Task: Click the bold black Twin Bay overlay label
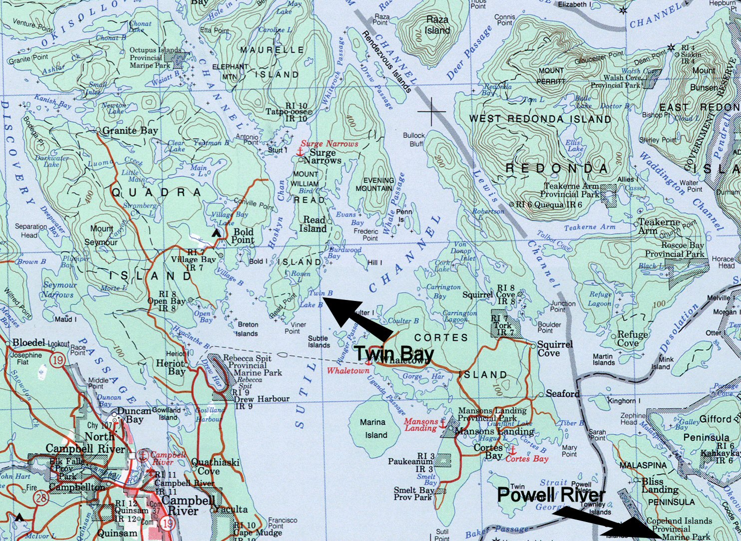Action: pyautogui.click(x=394, y=354)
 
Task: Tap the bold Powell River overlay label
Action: pyautogui.click(x=551, y=495)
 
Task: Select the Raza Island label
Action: pyautogui.click(x=437, y=25)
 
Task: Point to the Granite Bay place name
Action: pyautogui.click(x=130, y=131)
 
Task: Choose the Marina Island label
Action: pyautogui.click(x=372, y=429)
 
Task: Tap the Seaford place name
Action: pyautogui.click(x=562, y=394)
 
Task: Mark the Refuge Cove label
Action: pyautogui.click(x=632, y=339)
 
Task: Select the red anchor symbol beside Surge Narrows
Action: pyautogui.click(x=300, y=150)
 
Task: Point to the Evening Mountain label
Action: pyautogui.click(x=375, y=185)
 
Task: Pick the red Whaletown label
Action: pyautogui.click(x=348, y=371)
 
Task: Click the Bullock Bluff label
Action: pyautogui.click(x=414, y=139)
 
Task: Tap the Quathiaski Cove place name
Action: pyautogui.click(x=215, y=467)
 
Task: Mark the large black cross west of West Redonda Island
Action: pyautogui.click(x=432, y=111)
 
